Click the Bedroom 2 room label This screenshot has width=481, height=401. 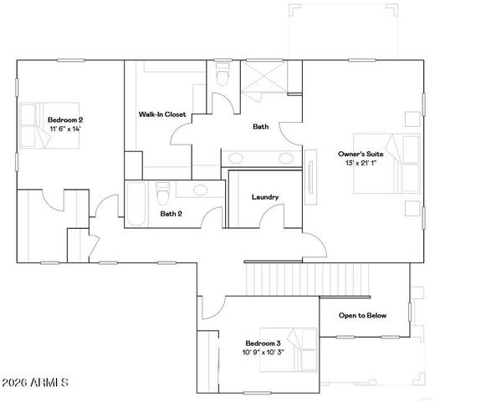tap(64, 120)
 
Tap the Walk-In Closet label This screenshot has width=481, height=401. tap(162, 114)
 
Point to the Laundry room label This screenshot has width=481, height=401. tap(265, 197)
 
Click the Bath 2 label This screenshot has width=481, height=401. tap(173, 213)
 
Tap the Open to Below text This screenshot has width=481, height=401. tap(362, 316)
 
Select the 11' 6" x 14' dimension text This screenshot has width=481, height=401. tap(64, 129)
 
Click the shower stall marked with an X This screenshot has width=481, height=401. tap(269, 82)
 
